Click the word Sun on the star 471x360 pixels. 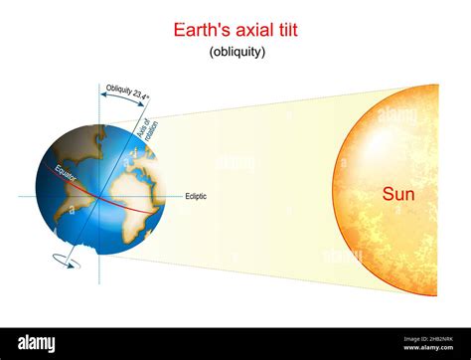[x=398, y=195]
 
